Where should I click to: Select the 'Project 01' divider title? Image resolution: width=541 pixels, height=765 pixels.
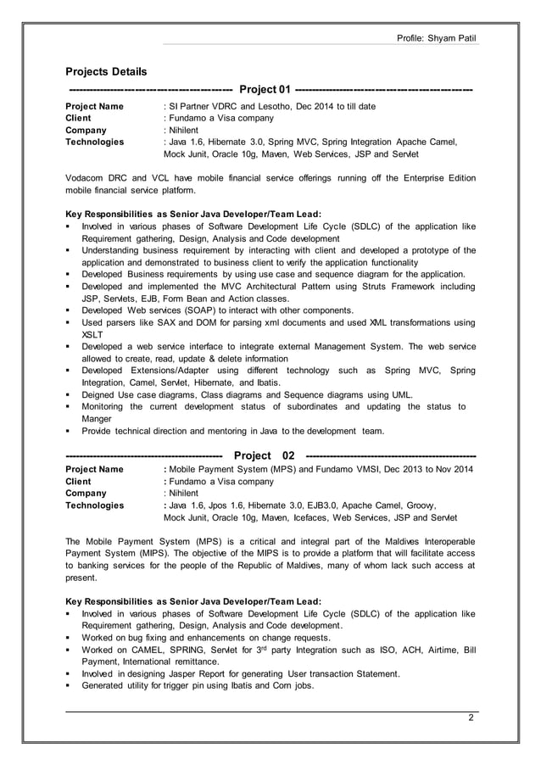click(266, 91)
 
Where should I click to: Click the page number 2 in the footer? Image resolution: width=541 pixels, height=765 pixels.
click(471, 719)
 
